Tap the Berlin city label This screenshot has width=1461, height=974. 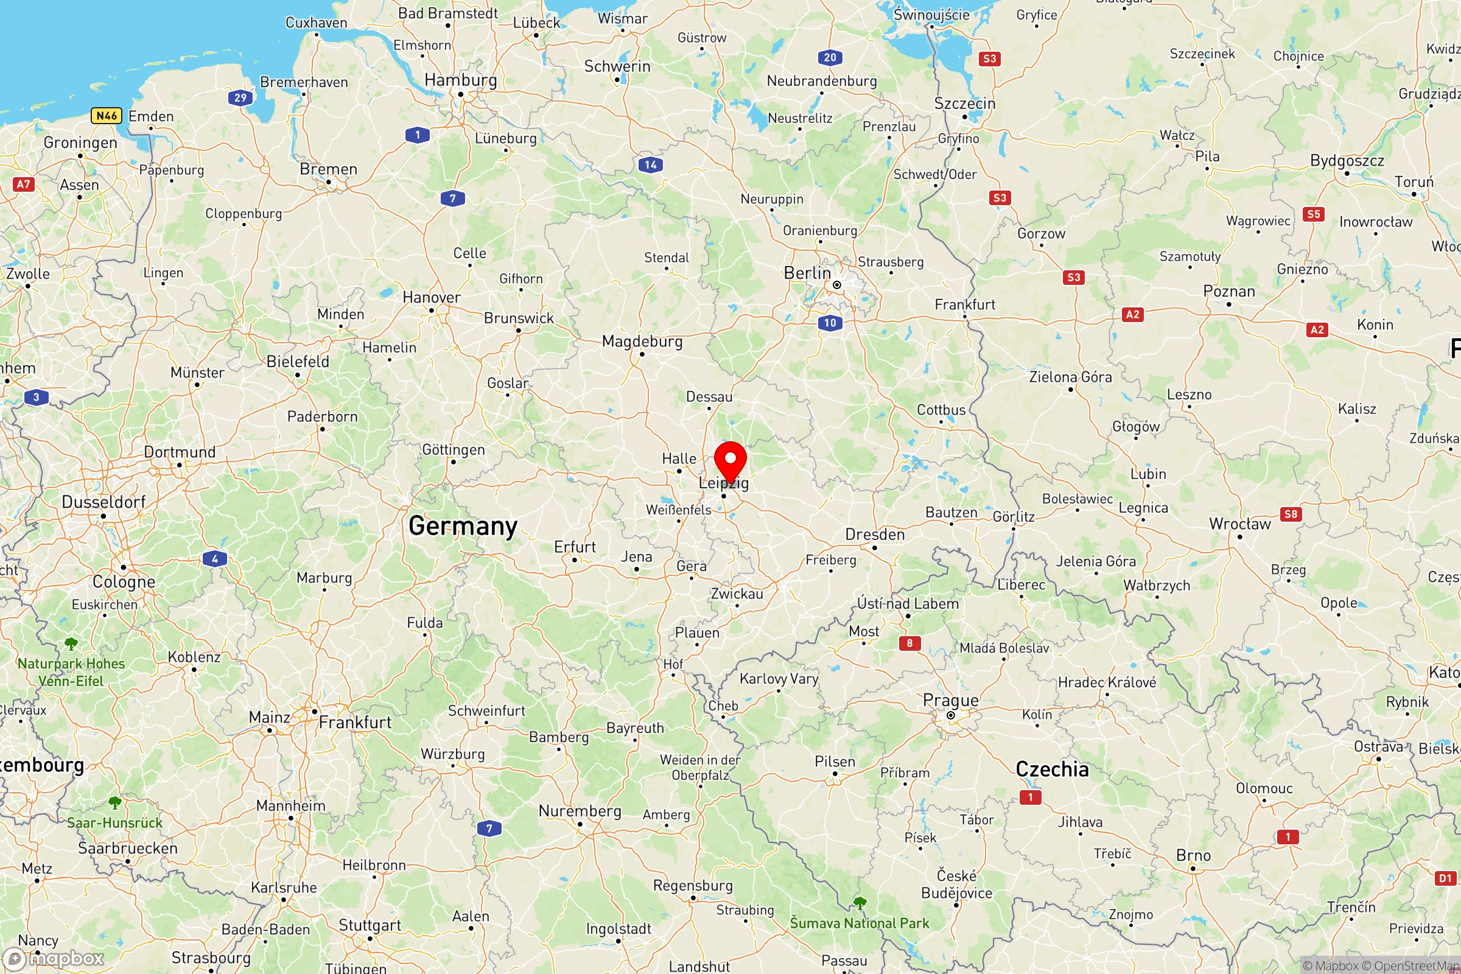tap(807, 273)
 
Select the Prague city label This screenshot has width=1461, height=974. tap(950, 701)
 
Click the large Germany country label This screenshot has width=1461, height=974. tap(463, 526)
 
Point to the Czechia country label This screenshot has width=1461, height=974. tap(1053, 769)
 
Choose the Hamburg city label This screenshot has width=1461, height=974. tap(460, 80)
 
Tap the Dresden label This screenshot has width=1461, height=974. tap(875, 534)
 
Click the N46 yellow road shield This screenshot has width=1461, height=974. tap(106, 116)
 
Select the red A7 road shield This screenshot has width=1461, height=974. tap(23, 184)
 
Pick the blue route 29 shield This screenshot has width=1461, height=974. tap(240, 97)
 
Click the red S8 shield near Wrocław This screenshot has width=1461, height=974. tap(1291, 514)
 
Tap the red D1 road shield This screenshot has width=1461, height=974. tap(1445, 878)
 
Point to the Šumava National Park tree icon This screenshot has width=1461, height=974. tap(860, 902)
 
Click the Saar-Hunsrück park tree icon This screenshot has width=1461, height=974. tap(115, 802)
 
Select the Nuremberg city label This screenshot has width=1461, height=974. tap(580, 811)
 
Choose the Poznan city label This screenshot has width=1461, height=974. tap(1228, 292)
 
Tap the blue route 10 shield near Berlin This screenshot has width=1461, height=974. tap(830, 323)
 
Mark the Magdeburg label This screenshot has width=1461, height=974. tap(642, 341)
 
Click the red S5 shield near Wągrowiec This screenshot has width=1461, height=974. tap(1313, 214)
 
